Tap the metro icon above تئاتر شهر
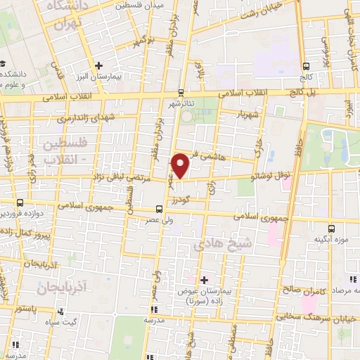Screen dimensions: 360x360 coord(181,91)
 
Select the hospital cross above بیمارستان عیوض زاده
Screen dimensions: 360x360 coord(204,278)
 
